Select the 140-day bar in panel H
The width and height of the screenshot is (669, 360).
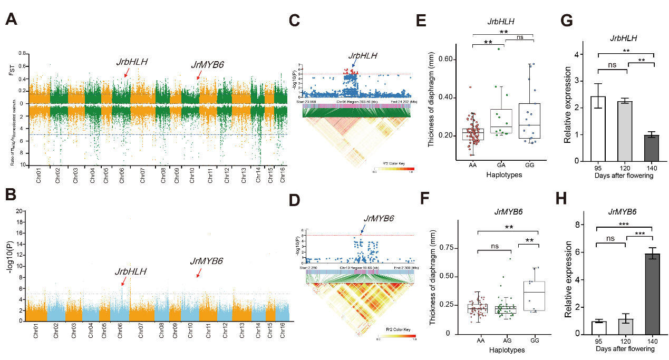pos(653,294)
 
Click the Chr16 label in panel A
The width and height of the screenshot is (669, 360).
pos(283,175)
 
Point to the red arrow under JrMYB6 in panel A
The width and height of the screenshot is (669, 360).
pos(198,77)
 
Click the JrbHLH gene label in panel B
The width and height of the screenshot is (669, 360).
pos(131,272)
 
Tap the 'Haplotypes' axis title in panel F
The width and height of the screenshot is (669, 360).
pos(507,350)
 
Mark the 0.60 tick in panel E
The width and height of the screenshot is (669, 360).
pos(447,59)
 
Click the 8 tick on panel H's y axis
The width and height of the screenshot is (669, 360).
pos(579,225)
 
